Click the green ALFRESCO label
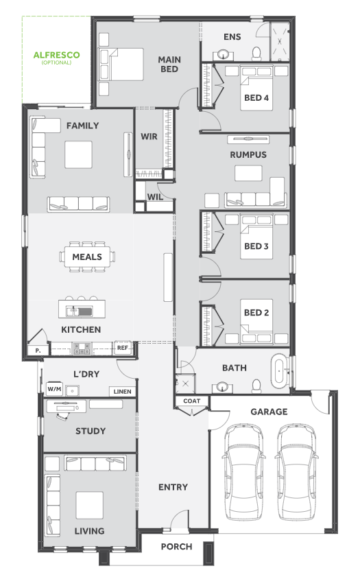(x=56, y=55)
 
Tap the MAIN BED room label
(x=169, y=64)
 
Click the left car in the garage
(x=244, y=472)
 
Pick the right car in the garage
(x=296, y=472)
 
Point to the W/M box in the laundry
(x=54, y=389)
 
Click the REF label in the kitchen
(x=123, y=348)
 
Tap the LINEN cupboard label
(x=123, y=392)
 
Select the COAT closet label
(x=191, y=401)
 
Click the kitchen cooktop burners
(x=82, y=349)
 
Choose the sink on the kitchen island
(x=79, y=311)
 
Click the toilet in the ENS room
(x=256, y=54)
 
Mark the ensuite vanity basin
(x=223, y=55)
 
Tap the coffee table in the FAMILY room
(x=78, y=154)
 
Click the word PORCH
(x=176, y=546)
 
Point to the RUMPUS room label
(x=248, y=154)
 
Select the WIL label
(x=155, y=197)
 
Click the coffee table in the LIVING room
(x=89, y=505)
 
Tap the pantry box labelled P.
(x=38, y=351)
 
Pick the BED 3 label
(x=256, y=246)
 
